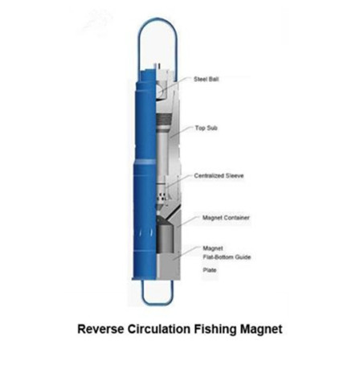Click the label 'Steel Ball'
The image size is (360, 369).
point(206,79)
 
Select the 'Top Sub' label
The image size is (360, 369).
point(206,128)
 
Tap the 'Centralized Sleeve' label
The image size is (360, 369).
point(219,176)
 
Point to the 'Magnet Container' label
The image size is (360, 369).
point(226,218)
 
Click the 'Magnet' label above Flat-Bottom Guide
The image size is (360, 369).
point(213,248)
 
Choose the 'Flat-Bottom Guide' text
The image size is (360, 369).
point(227,257)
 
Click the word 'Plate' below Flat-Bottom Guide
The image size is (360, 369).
point(210,270)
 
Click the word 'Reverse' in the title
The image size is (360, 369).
point(100,329)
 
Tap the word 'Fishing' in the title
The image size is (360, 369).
point(215,330)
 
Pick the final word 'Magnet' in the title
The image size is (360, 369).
point(261,330)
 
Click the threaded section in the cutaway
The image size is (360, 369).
point(164,120)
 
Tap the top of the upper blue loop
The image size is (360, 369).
point(157,18)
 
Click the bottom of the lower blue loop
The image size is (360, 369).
point(157,305)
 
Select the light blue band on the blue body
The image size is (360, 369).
point(145,162)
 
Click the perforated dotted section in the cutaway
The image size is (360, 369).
point(162,198)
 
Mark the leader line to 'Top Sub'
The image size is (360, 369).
point(182,133)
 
